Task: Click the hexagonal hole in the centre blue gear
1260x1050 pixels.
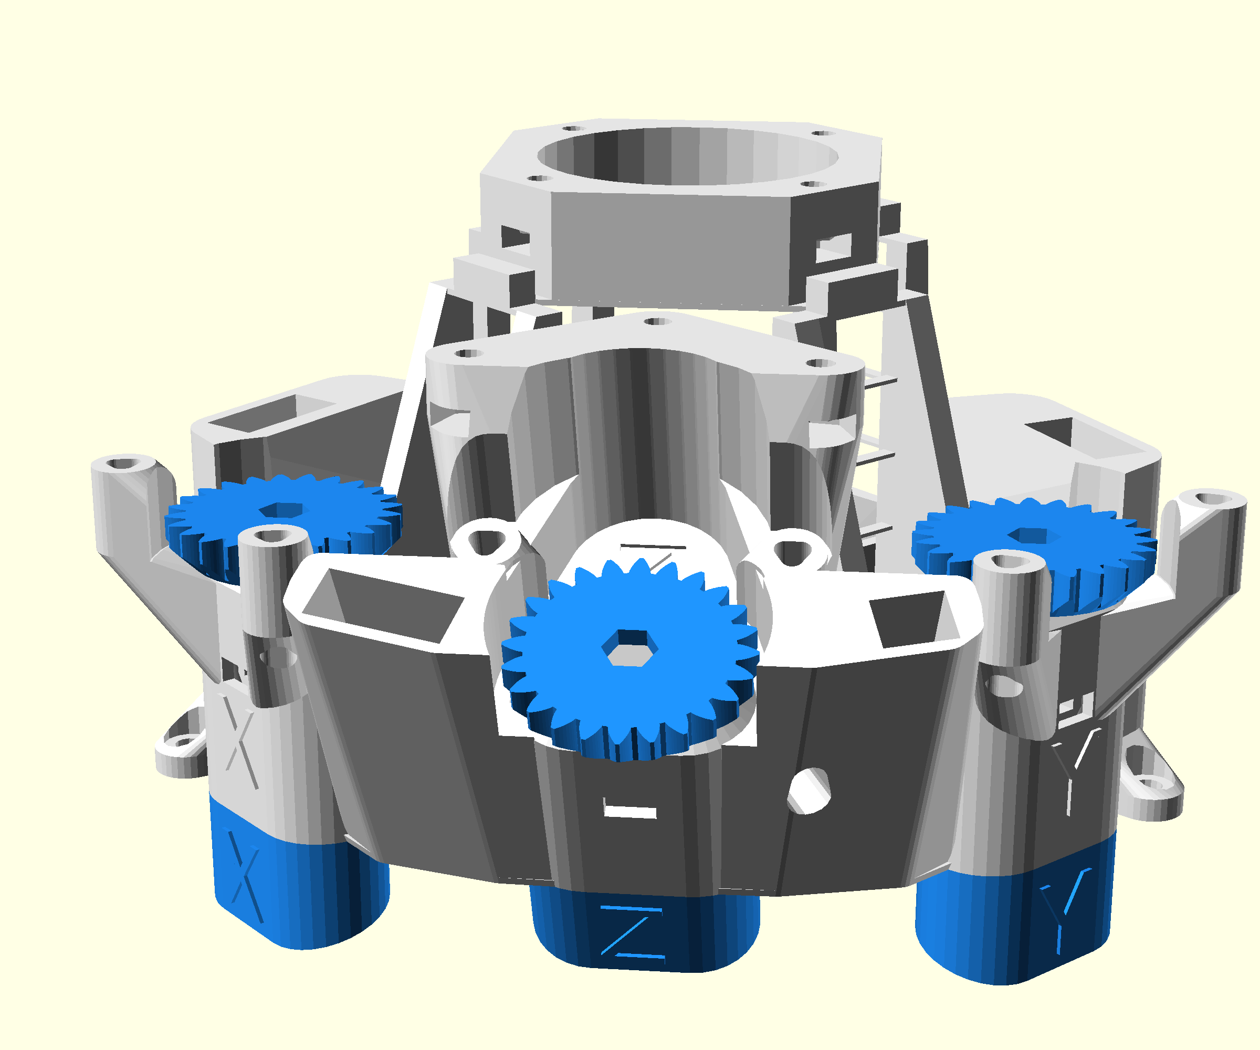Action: [629, 647]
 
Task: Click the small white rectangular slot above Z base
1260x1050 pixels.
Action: [629, 812]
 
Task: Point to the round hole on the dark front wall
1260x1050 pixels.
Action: [809, 791]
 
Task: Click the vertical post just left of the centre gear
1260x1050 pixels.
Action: [274, 600]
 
